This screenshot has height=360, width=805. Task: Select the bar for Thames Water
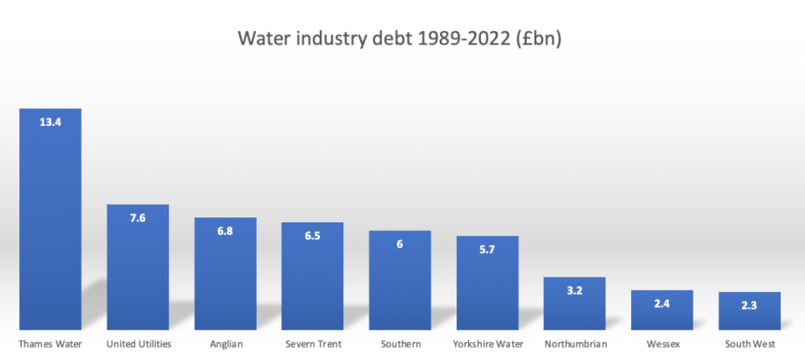(x=50, y=227)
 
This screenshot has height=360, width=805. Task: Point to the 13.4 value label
(x=50, y=122)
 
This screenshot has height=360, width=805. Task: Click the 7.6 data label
(x=138, y=217)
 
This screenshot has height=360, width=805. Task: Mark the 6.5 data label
(x=312, y=236)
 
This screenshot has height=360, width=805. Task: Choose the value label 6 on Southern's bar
(x=400, y=244)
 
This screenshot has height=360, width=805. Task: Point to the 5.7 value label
(x=487, y=249)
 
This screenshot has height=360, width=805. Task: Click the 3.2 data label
(x=574, y=290)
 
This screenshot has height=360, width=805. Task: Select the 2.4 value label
(x=661, y=304)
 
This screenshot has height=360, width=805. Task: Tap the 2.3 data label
(x=750, y=305)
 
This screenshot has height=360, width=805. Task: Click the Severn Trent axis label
(x=312, y=344)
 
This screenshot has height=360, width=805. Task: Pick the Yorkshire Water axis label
(x=487, y=344)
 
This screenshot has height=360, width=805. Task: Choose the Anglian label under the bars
(x=225, y=344)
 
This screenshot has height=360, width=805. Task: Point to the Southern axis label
(x=400, y=344)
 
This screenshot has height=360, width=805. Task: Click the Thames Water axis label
(x=50, y=344)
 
